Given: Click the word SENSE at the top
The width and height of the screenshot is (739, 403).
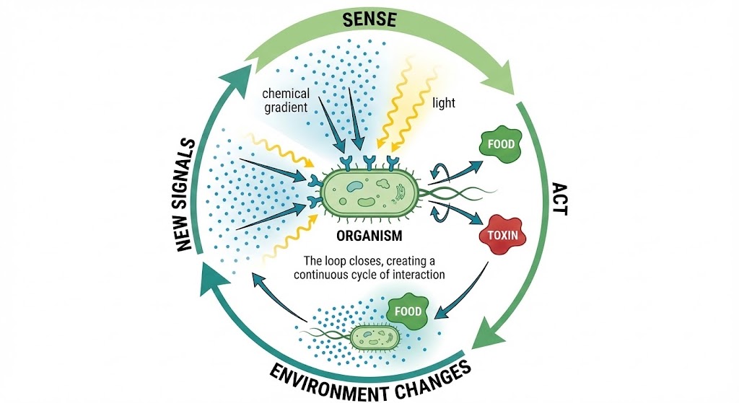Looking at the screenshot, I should click(x=369, y=19).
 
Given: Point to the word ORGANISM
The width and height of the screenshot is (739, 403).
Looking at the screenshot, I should click(x=369, y=236).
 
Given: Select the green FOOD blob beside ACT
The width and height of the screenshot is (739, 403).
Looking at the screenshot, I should click(x=500, y=145).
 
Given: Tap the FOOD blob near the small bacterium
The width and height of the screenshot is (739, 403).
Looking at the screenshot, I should click(x=407, y=311).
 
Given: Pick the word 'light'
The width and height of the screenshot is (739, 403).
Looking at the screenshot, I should click(x=444, y=103).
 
